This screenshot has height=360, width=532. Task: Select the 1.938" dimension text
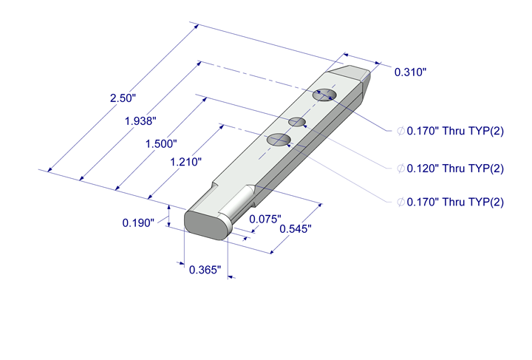(x=142, y=119)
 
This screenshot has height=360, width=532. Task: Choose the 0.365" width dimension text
(x=205, y=271)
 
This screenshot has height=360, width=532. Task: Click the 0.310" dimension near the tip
(x=411, y=72)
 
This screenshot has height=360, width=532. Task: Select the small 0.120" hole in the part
(x=297, y=120)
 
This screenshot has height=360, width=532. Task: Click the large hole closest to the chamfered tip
(x=324, y=95)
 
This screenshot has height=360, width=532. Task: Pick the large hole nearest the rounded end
(x=278, y=138)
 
